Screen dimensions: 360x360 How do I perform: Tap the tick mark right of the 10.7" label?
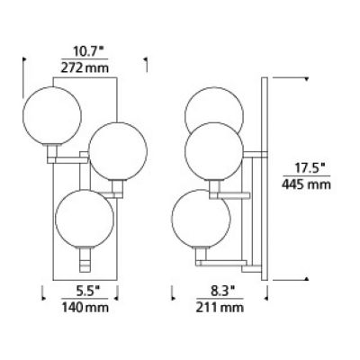[x=145, y=63]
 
